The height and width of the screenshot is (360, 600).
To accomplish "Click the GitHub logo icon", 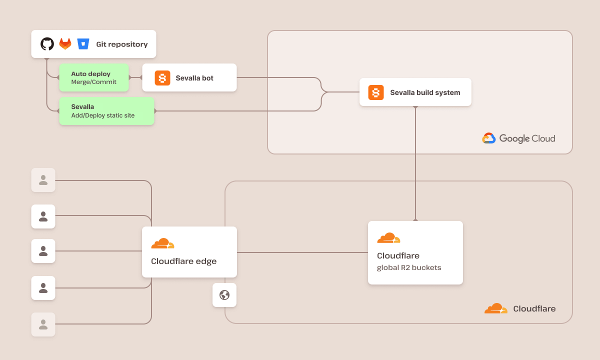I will point(47,44).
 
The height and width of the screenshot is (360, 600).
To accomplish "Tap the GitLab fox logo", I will point(65,44).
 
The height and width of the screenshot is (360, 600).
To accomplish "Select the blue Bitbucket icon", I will point(83,44).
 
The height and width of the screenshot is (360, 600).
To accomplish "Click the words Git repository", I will point(122,44).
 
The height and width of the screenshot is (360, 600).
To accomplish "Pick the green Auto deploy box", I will point(94,77).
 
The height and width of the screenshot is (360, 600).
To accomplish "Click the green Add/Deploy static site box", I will point(106,111).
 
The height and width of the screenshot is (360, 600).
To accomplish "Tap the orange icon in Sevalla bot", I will point(162,78).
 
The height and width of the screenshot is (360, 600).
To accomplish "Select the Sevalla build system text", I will point(425,92).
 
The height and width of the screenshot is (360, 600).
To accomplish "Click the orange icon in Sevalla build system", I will point(376,92).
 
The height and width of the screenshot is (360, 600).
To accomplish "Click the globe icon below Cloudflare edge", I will point(224,295).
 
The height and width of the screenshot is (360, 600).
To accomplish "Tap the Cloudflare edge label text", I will point(183,261).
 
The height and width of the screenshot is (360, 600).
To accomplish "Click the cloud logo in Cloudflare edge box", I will point(162,243).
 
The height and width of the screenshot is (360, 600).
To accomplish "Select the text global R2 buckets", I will point(409,267).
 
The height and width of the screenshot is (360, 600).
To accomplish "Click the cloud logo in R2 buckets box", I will point(388,238).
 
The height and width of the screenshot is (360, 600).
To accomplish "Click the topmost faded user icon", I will point(43,180).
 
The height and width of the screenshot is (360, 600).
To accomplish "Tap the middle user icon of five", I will point(43,251).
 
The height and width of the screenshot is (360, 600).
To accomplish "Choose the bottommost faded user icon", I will point(43,324).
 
